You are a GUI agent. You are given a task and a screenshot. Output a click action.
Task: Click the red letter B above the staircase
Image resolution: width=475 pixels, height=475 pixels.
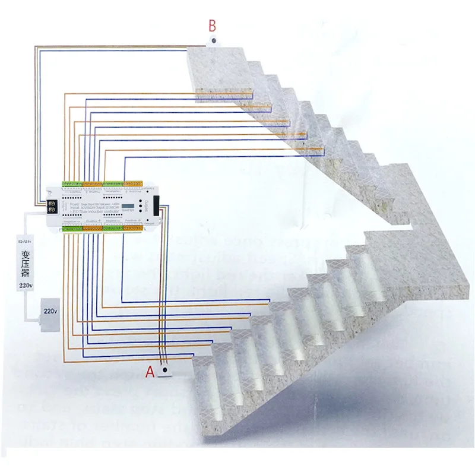212,26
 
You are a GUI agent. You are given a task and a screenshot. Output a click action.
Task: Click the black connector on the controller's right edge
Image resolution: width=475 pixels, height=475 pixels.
156,205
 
